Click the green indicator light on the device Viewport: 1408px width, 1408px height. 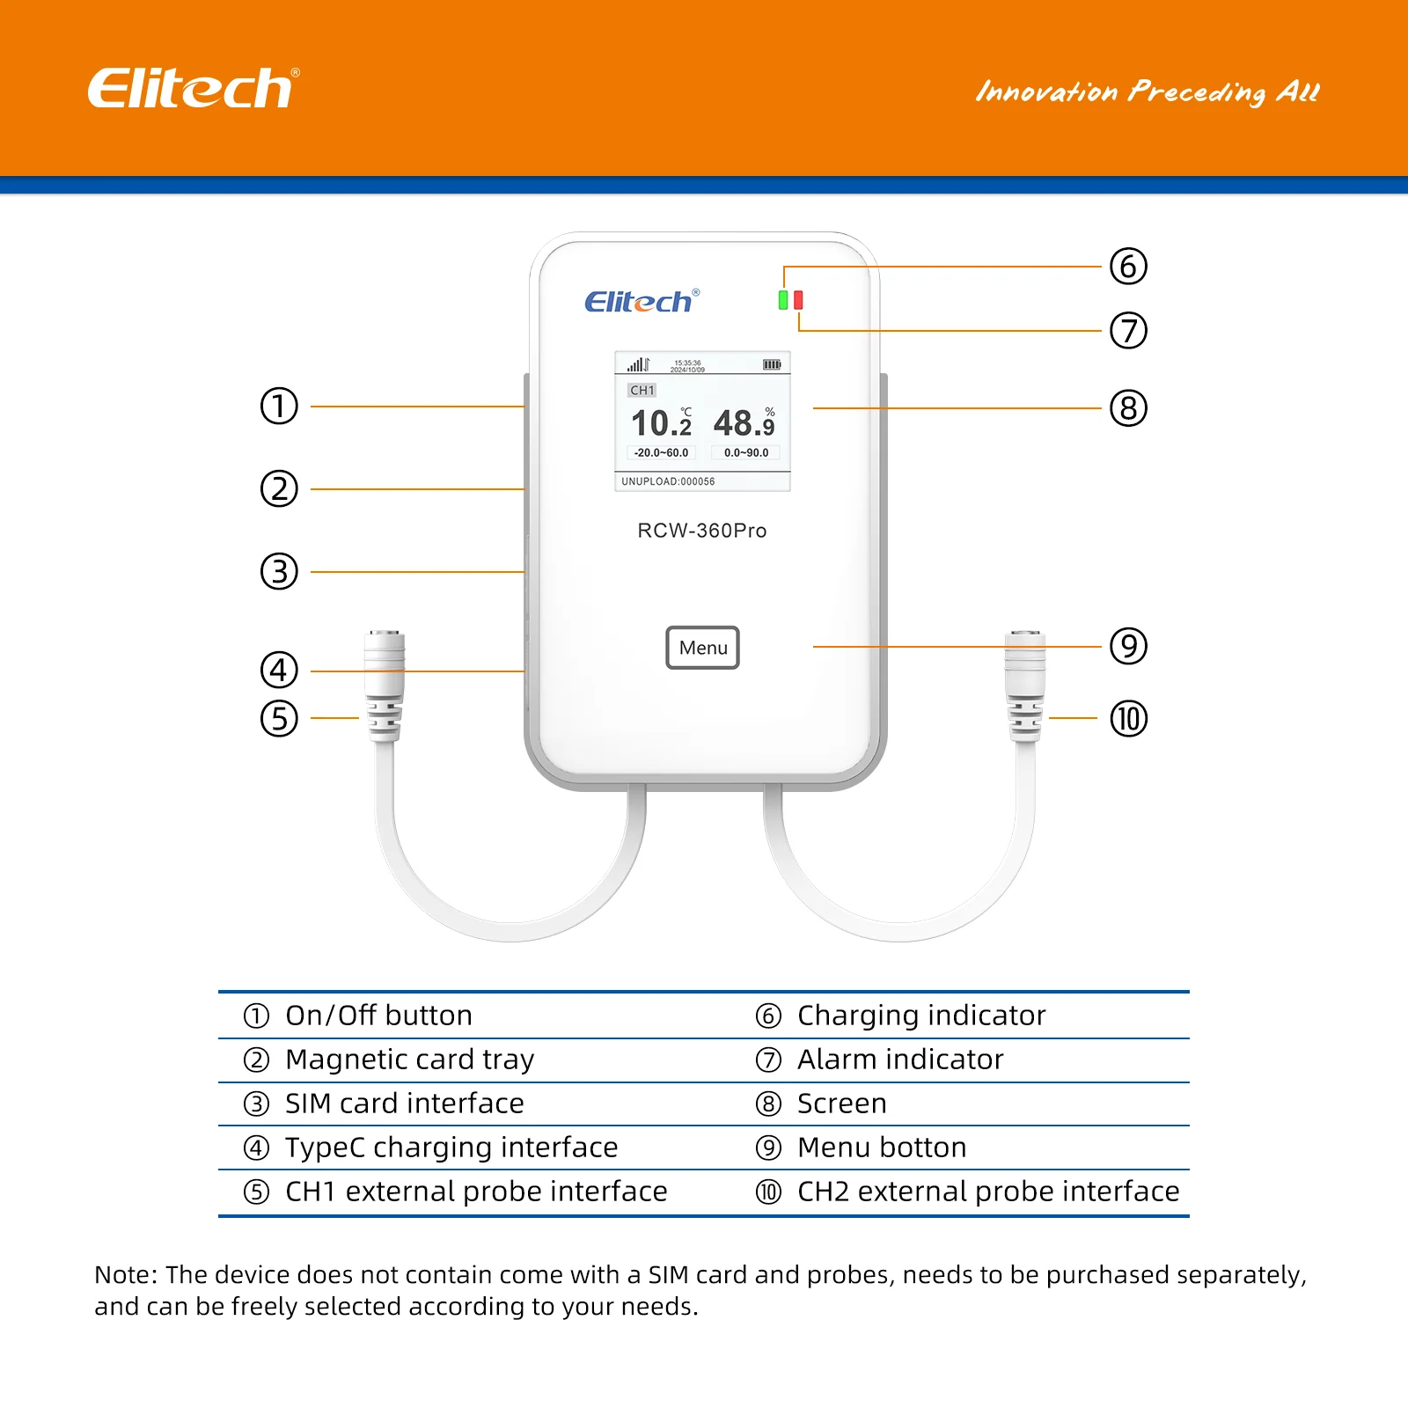783,300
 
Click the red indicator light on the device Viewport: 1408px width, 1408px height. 798,300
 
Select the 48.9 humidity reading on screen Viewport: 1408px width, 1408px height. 744,423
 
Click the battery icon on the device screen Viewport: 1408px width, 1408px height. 772,364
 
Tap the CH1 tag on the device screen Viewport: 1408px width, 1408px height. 642,390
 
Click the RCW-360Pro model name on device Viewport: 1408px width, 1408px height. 701,531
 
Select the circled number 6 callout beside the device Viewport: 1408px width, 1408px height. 1128,266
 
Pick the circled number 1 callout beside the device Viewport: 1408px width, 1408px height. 279,406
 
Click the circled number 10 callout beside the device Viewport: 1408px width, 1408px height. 1128,718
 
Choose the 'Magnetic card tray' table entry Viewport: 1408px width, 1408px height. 409,1060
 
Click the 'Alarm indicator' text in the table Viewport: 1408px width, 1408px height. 899,1060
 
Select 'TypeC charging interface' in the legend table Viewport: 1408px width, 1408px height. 451,1148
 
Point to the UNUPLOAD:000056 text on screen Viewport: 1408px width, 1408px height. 668,481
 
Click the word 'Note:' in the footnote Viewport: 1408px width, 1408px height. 126,1275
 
